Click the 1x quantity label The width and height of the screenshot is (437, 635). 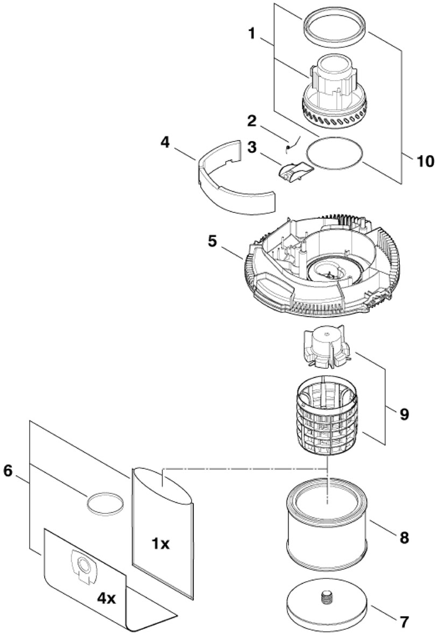pos(160,544)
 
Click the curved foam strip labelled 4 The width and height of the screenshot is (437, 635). pos(237,183)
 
